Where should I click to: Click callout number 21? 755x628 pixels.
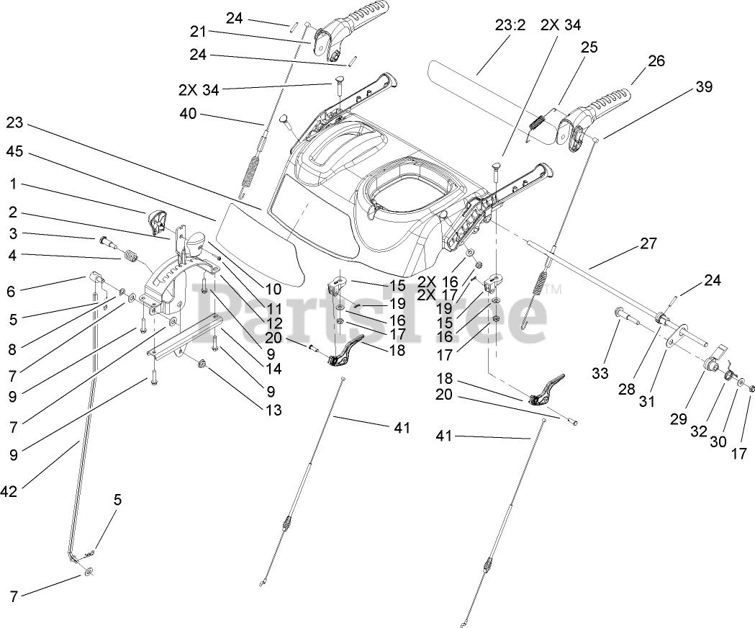point(198,32)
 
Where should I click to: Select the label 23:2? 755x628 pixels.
point(510,25)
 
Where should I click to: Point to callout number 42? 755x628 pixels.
point(9,492)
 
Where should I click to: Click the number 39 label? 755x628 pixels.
point(703,87)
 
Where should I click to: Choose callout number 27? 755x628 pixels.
point(648,243)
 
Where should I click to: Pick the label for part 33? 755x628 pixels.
point(600,373)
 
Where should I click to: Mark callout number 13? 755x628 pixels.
point(273,411)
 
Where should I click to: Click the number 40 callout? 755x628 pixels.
point(189,114)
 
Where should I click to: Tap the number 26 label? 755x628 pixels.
point(656,61)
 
